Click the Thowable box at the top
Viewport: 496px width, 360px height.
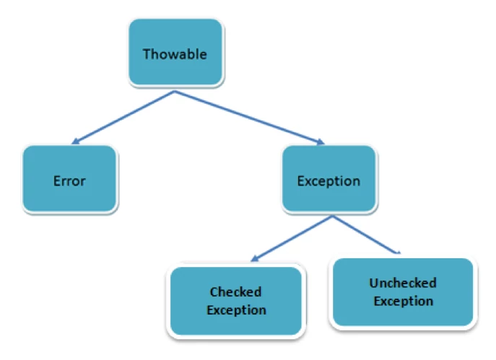(175, 52)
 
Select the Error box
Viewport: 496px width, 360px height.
(69, 179)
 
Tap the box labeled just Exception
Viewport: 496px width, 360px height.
(329, 179)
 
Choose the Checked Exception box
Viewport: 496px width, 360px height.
(236, 301)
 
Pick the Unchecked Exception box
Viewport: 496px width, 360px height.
(403, 291)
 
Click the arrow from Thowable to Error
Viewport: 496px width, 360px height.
(123, 118)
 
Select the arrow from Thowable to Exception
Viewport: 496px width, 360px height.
(250, 118)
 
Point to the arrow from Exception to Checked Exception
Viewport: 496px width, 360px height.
(292, 239)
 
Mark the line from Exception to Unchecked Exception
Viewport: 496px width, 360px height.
(366, 235)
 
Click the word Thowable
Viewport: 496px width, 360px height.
(175, 54)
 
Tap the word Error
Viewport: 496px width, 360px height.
(69, 181)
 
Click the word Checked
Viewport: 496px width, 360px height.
(235, 291)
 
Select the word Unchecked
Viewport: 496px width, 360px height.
(403, 283)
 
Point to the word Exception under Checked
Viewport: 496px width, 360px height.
(236, 310)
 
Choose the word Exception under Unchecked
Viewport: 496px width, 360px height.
(404, 302)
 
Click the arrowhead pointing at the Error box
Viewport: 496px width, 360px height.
(76, 141)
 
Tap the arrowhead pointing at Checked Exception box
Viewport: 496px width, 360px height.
(255, 258)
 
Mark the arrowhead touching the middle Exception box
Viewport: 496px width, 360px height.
(321, 141)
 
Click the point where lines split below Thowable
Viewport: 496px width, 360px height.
(175, 92)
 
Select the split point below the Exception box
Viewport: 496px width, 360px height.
(332, 216)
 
